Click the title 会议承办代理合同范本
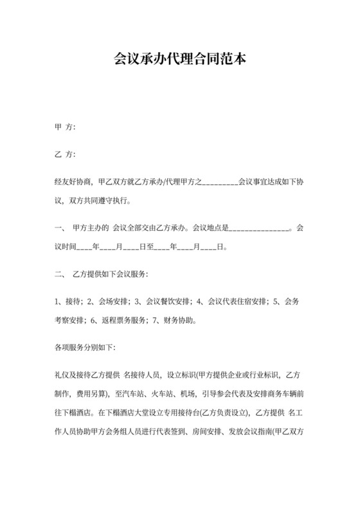179,60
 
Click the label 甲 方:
65,127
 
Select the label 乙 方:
65,155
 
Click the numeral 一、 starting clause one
60,228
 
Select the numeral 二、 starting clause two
60,274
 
